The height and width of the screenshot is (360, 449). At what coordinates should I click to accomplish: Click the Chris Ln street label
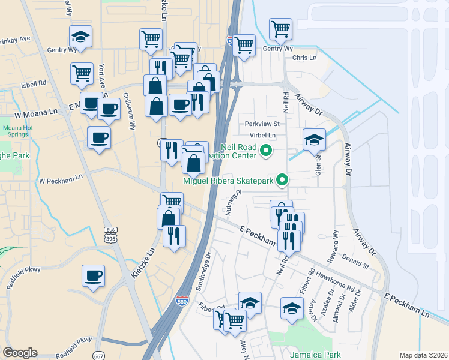click(x=304, y=58)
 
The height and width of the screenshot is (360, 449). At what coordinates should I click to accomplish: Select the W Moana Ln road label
click(x=36, y=112)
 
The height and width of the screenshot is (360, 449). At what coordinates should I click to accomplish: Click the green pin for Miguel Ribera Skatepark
click(x=281, y=180)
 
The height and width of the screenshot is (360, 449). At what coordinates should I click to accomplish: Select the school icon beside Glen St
click(x=314, y=139)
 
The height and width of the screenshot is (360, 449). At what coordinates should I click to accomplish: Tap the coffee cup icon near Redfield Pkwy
click(x=94, y=276)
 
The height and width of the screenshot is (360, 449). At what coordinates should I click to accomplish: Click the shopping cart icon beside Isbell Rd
click(x=82, y=73)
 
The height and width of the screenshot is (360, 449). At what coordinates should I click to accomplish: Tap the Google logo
click(x=20, y=353)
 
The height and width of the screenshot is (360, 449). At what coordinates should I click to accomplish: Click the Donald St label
click(x=355, y=262)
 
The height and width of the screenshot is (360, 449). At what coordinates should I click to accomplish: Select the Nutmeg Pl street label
click(x=232, y=203)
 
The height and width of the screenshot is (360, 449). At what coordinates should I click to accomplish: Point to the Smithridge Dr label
click(x=205, y=268)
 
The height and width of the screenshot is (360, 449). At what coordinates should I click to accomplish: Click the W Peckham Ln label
click(x=61, y=179)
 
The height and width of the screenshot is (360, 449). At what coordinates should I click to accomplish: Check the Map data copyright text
click(x=423, y=355)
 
